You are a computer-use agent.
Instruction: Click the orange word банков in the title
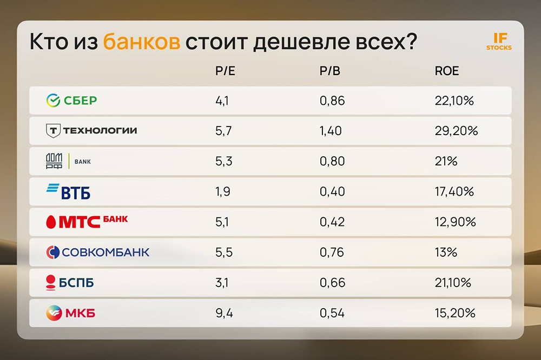click(141, 42)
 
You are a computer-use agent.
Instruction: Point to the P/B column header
click(330, 71)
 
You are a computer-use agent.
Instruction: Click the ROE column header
click(447, 71)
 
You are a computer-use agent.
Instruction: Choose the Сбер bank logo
click(72, 100)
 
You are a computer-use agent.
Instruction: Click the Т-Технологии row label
click(91, 130)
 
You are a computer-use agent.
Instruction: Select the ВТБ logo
click(68, 191)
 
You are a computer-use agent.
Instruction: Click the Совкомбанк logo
click(97, 252)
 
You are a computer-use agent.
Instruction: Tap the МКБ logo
click(71, 312)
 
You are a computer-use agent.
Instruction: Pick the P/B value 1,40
click(331, 131)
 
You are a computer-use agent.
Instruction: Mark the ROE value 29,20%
click(456, 131)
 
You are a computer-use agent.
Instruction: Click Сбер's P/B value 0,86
click(332, 101)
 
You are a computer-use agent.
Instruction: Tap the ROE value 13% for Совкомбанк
click(446, 252)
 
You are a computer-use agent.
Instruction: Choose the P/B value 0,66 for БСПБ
click(332, 283)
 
